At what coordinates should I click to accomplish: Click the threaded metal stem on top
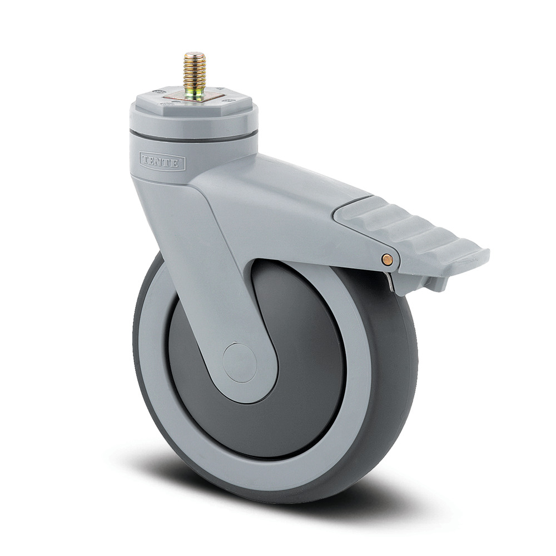(x=195, y=72)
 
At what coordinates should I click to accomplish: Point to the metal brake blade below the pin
(x=394, y=281)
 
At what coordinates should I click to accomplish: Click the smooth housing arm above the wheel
(x=289, y=200)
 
